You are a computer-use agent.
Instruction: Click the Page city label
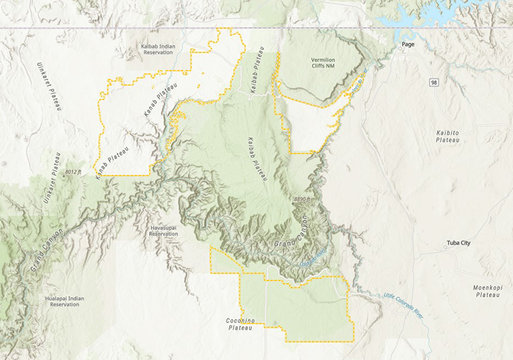tap(408, 45)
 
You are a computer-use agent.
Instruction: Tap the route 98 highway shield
tap(434, 82)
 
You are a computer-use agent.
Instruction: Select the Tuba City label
tap(458, 243)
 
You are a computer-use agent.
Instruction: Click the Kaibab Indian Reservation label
tap(158, 49)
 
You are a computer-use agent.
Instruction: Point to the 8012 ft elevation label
tap(73, 172)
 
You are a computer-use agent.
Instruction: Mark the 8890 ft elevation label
tap(301, 199)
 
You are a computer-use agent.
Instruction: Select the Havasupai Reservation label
tap(163, 231)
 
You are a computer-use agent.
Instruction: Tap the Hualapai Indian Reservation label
tap(65, 301)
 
